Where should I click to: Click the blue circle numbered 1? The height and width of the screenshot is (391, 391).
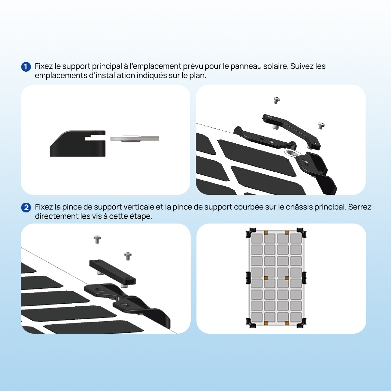[x=26, y=67]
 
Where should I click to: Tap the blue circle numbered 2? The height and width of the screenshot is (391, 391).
[x=26, y=208]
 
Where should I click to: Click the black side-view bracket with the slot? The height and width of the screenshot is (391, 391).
[x=78, y=143]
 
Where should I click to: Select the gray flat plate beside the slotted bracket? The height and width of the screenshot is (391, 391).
[x=135, y=138]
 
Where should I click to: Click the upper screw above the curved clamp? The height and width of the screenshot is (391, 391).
[x=277, y=100]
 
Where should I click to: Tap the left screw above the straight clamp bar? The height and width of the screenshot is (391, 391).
[x=97, y=239]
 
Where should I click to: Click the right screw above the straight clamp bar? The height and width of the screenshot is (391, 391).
[x=128, y=256]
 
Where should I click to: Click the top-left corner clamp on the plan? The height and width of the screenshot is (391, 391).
[x=251, y=233]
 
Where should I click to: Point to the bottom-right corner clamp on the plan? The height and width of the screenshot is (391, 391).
[x=301, y=323]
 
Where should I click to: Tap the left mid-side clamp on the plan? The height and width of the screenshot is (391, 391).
[x=248, y=278]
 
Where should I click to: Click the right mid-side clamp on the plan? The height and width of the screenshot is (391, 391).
[x=304, y=278]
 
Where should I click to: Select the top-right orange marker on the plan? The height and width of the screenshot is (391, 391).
[x=287, y=233]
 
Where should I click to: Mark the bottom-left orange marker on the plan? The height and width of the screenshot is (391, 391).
[x=266, y=323]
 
